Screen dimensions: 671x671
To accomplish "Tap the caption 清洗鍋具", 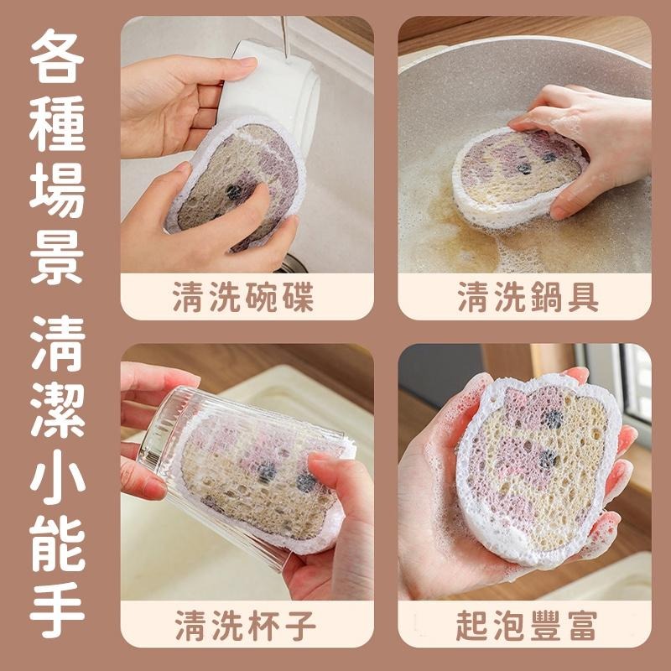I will [x=528, y=296].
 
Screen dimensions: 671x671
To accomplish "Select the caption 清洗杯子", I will [x=246, y=625].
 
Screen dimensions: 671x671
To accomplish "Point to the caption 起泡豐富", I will [x=528, y=625].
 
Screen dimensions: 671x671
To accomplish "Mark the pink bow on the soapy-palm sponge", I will [x=524, y=398].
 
